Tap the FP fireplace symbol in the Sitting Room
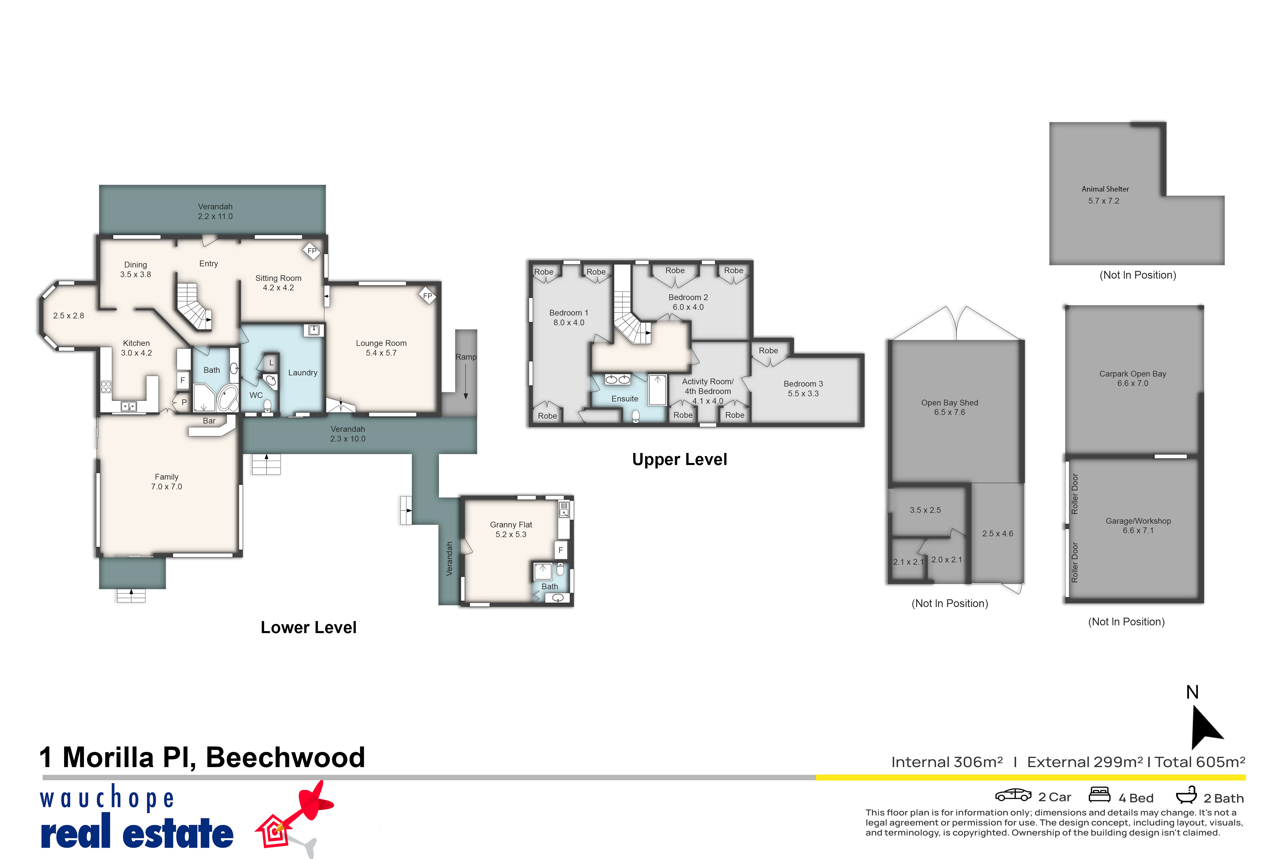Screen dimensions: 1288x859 (312, 251)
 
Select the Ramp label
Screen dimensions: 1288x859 (466, 357)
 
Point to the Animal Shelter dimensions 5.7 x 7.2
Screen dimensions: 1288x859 (1103, 201)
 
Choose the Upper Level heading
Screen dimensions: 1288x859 (679, 459)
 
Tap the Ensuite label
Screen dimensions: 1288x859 (625, 399)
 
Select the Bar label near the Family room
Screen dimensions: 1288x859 (209, 421)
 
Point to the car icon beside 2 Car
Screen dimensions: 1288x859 (1013, 795)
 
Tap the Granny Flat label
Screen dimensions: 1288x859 (511, 525)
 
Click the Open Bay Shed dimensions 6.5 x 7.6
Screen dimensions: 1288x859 (950, 413)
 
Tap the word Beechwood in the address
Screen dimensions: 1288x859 (285, 758)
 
